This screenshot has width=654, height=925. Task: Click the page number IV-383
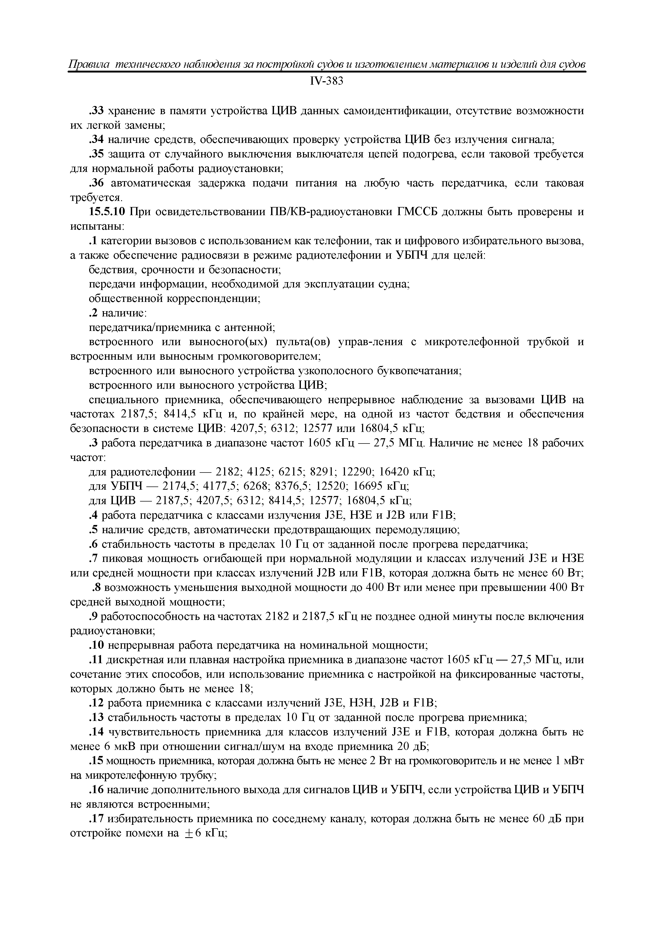[x=326, y=81]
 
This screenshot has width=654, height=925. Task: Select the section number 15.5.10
[x=108, y=212]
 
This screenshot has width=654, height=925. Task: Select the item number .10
[x=97, y=646]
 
